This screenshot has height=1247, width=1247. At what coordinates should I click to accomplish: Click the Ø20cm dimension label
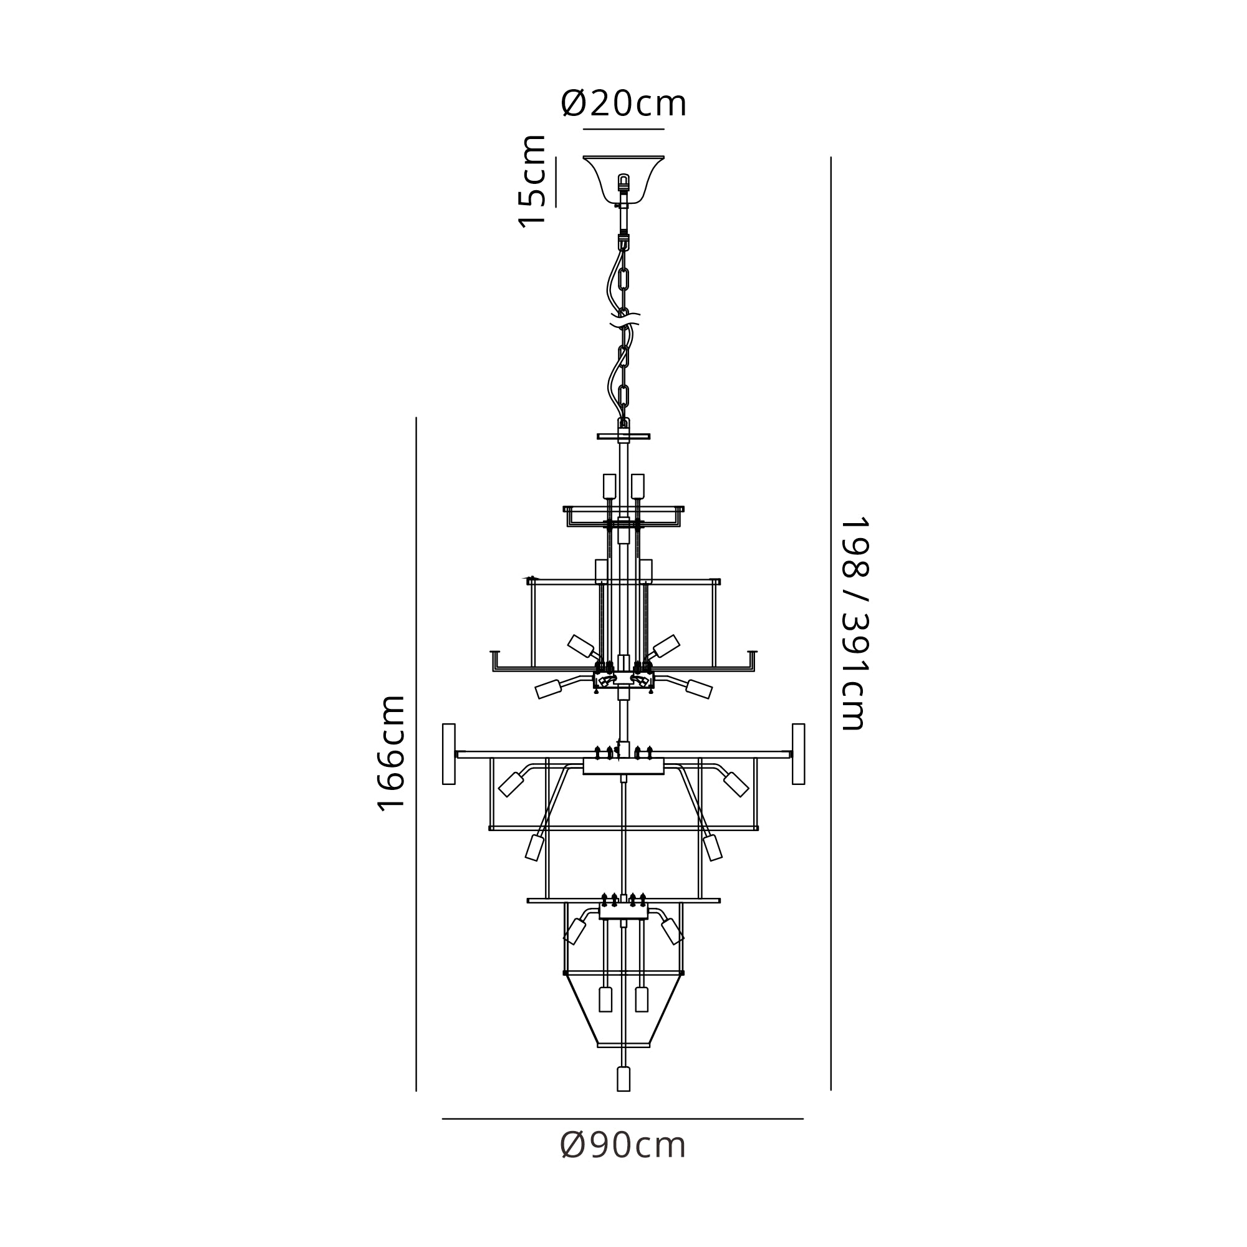coord(623,104)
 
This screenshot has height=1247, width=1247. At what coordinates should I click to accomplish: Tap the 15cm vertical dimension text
coord(533,181)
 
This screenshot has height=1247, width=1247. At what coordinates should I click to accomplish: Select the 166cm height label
coord(391,753)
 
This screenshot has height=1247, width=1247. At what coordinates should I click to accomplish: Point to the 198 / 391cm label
coord(856,623)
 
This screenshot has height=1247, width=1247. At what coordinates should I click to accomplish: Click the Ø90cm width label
coord(623,1145)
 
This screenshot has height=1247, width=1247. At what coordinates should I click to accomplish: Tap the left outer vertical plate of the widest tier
coord(448,754)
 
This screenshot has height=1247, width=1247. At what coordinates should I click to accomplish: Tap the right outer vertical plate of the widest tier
coord(799,754)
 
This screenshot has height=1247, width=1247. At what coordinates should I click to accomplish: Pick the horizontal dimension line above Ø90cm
coord(623,1119)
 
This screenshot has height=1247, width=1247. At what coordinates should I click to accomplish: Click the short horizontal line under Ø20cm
coord(623,129)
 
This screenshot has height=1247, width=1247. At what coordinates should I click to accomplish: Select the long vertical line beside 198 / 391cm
coord(831,623)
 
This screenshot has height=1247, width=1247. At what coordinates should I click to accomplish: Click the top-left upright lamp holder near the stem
coord(609,486)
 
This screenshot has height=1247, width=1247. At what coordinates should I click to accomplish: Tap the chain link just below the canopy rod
coord(623,279)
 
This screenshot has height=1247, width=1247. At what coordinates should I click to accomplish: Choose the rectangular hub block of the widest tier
coord(623,766)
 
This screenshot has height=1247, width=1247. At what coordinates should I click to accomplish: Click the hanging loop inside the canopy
coord(623,181)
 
